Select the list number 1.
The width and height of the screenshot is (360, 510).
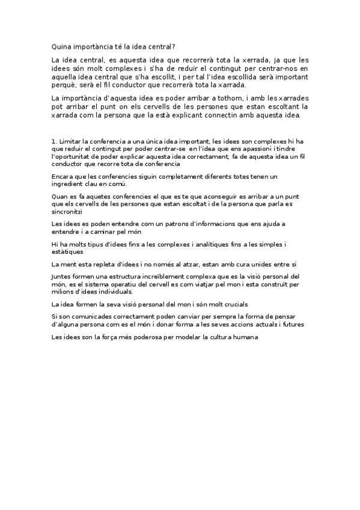(53, 141)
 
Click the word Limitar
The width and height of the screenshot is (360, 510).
(71, 141)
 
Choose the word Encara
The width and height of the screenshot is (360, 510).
(64, 176)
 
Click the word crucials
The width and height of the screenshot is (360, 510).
(232, 305)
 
